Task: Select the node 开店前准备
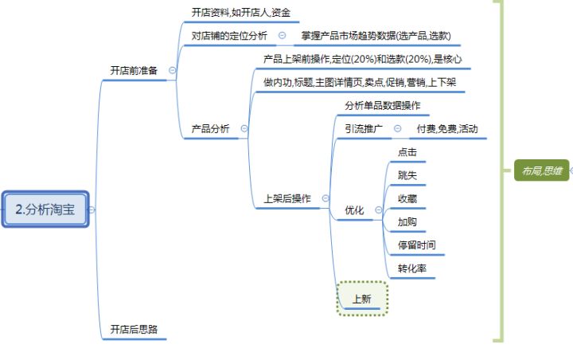[133, 71]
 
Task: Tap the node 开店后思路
[133, 329]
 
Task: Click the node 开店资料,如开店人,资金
[240, 13]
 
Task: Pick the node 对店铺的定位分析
[229, 36]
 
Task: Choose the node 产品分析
[210, 128]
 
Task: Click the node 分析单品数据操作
[382, 105]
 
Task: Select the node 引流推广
[363, 128]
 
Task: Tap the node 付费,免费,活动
[447, 128]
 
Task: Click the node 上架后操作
[286, 198]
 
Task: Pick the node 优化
[354, 210]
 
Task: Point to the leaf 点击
[407, 152]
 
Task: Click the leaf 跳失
[407, 175]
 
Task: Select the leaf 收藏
[407, 198]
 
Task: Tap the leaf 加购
[407, 221]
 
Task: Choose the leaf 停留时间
[416, 245]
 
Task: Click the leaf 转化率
[411, 268]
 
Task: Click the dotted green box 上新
[361, 299]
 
